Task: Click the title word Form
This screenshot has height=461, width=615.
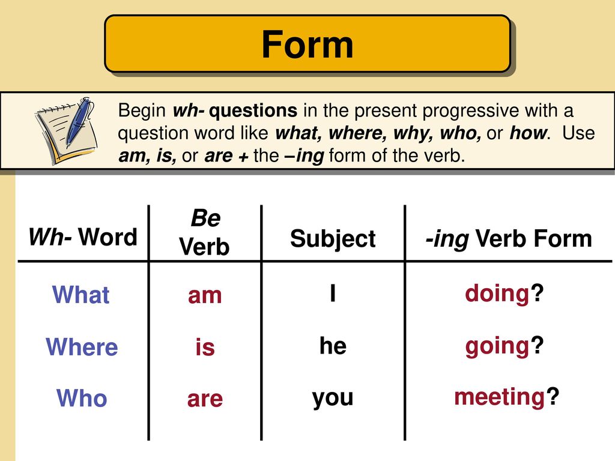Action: coord(307,44)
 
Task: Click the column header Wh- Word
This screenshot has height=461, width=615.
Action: coord(83,237)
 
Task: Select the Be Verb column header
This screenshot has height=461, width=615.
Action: coord(204,232)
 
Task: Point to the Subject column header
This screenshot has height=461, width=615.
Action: coord(333,239)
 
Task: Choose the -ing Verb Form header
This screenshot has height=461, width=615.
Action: coord(509,239)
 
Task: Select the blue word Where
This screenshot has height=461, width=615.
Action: coord(82,346)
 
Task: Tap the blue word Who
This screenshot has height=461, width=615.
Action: coord(82,398)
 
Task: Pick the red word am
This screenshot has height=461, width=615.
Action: coord(205,295)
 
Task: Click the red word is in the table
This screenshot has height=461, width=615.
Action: coord(205,347)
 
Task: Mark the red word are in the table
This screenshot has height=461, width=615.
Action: coord(205,399)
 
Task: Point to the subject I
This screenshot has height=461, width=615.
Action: coord(333,293)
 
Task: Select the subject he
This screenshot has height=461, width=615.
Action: coord(333,345)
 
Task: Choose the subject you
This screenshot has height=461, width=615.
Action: coord(333,399)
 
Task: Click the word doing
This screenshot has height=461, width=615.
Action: coord(497,294)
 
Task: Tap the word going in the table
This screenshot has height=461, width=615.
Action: coord(497,347)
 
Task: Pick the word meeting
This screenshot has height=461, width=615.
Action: coord(499,397)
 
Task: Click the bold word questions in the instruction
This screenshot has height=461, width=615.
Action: coord(253,111)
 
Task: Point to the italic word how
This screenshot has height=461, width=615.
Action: coord(527,133)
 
